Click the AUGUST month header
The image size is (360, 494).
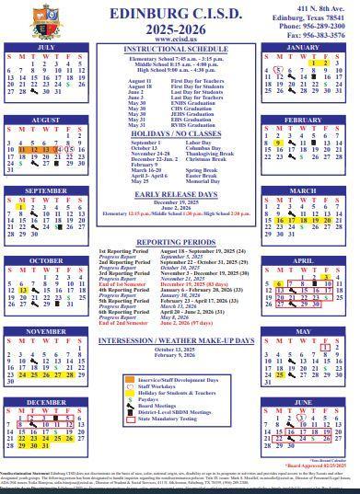[x=45, y=120]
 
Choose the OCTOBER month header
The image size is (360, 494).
[x=45, y=260]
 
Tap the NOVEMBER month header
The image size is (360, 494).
[x=45, y=330]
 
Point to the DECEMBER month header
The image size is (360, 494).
[x=45, y=402]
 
